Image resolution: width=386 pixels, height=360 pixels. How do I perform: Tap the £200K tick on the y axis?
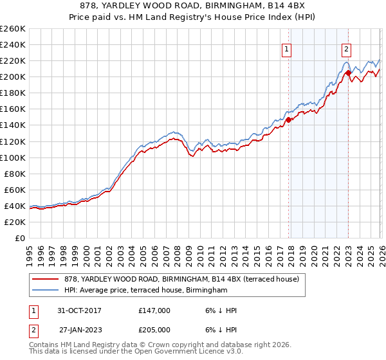click(x=12, y=76)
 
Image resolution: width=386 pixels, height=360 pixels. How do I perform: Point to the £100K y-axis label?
click(x=12, y=157)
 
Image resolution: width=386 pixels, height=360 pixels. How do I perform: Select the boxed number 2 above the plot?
click(x=346, y=48)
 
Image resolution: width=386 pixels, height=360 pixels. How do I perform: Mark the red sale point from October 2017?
click(x=288, y=120)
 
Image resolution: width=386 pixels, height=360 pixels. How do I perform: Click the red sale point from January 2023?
click(x=348, y=73)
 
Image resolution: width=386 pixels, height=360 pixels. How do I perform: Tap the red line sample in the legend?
click(x=45, y=279)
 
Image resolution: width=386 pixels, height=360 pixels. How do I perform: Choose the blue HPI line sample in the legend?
click(x=45, y=291)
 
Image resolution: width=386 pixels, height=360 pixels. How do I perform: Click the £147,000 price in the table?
click(x=154, y=310)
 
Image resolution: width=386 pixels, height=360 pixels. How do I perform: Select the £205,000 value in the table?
click(x=154, y=330)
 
